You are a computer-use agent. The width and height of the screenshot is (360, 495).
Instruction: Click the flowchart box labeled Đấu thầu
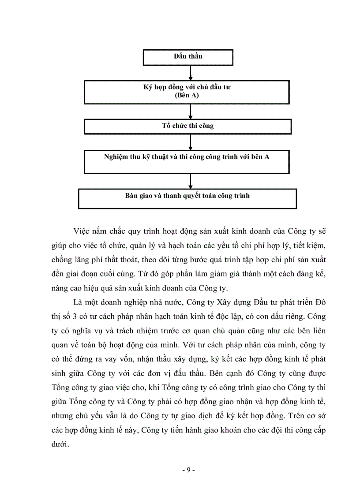188,57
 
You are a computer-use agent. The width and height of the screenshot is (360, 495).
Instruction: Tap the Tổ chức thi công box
187,126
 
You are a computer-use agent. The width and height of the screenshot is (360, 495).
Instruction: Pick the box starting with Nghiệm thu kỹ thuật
187,161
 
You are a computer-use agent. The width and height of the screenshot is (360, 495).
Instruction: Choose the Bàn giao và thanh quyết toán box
187,198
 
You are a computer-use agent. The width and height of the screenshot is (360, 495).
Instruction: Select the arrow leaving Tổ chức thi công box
190,141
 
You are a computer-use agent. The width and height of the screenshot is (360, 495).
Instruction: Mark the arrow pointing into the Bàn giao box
190,181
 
